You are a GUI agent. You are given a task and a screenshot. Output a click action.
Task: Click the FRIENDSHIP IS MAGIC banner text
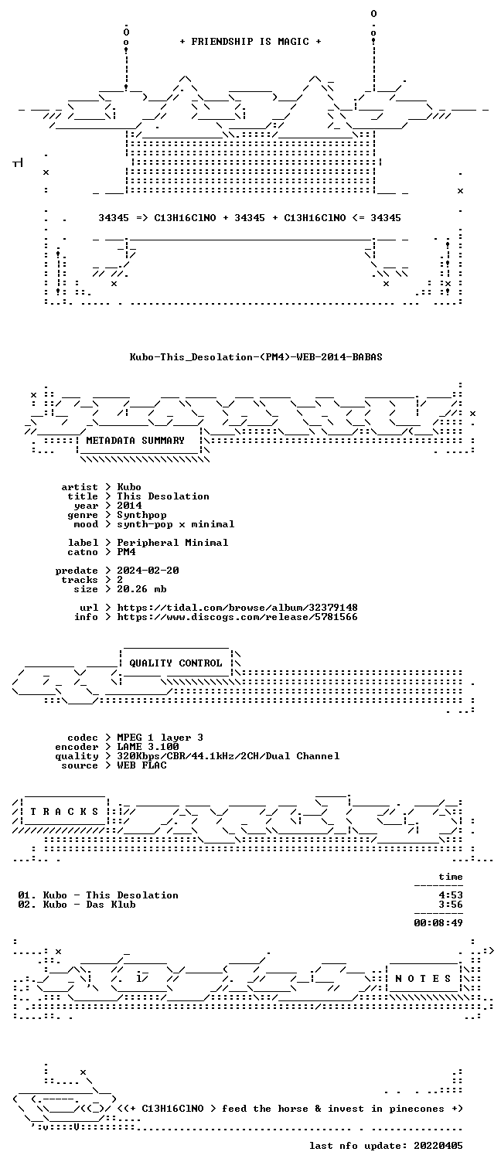[x=250, y=42]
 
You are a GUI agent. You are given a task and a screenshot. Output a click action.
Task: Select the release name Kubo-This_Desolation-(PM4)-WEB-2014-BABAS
[x=256, y=357]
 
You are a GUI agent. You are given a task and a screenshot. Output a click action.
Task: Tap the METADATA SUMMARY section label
[x=135, y=441]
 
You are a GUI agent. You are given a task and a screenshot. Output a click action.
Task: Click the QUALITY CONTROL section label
[x=176, y=663]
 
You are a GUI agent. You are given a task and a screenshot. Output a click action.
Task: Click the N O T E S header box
[x=423, y=979]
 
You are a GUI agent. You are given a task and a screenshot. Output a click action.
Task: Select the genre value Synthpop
[x=141, y=515]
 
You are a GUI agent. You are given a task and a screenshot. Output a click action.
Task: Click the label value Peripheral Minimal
[x=172, y=543]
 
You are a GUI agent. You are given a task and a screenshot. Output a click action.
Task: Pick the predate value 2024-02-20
[x=148, y=571]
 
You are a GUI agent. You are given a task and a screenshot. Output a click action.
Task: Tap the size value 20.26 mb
[x=141, y=589]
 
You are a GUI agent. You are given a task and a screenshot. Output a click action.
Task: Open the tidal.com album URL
[x=237, y=608]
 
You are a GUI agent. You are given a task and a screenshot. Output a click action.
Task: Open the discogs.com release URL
[x=237, y=617]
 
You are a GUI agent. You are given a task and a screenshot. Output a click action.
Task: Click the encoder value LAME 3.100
[x=148, y=747]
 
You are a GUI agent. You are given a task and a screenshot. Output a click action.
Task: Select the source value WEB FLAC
[x=141, y=765]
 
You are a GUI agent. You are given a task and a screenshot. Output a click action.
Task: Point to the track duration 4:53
[x=451, y=895]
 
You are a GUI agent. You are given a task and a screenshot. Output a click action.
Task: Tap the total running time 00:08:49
[x=438, y=922]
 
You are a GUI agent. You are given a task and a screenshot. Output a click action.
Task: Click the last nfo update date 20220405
[x=438, y=1146]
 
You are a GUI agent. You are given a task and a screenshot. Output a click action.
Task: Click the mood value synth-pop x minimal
[x=176, y=524]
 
